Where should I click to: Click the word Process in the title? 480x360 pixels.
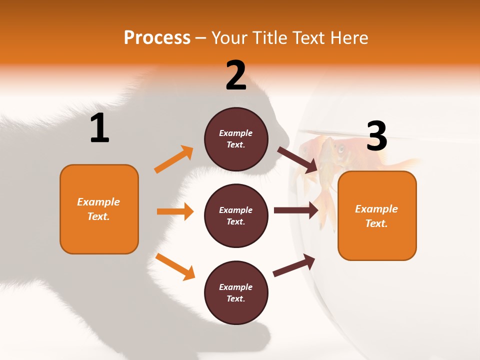157,37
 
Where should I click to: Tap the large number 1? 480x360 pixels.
99,128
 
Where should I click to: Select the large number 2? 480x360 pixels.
236,75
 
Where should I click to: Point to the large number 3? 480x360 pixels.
376,136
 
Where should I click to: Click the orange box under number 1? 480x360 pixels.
99,209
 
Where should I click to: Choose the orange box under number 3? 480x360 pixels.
377,215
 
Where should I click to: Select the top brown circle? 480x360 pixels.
236,138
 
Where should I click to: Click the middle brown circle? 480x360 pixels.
236,215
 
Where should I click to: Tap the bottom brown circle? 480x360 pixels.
236,292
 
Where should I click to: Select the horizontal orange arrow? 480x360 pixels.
175,211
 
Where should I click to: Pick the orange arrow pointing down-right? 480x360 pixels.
175,266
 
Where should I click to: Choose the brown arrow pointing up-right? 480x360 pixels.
294,265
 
